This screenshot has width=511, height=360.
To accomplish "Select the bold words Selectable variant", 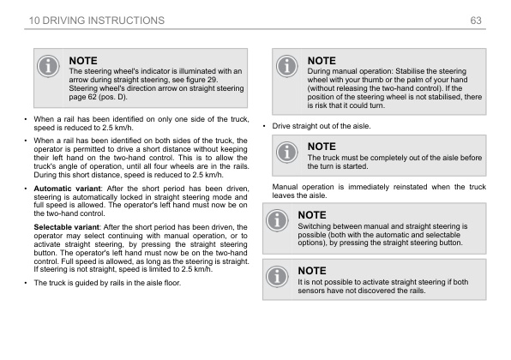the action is (x=67, y=225).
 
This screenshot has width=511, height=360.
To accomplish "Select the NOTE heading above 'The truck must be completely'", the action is (x=322, y=147).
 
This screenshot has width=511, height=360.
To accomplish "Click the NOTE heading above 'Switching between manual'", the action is (x=322, y=214).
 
